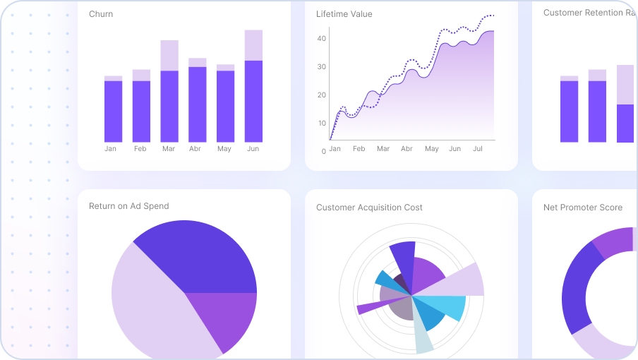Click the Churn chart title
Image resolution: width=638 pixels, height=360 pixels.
pos(101,14)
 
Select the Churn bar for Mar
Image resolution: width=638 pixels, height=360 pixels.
pos(169,99)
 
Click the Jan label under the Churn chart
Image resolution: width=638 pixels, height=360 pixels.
pos(110,149)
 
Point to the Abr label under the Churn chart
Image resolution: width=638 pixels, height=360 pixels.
pos(195,149)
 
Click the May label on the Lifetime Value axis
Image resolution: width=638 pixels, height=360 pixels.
pos(431,149)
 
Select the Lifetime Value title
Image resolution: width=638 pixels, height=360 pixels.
pos(344,14)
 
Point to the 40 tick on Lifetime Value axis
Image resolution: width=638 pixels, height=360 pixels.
pos(322,39)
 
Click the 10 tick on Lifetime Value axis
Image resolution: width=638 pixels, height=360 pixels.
pos(322,124)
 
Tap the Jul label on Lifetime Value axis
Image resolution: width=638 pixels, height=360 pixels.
pos(477,149)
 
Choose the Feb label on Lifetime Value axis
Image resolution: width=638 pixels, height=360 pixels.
pos(359,149)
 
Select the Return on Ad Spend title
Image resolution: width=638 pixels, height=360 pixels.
pos(128,206)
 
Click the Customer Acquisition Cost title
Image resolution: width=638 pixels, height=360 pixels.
pos(369,208)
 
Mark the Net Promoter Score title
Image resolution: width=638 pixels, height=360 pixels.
pos(582,208)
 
